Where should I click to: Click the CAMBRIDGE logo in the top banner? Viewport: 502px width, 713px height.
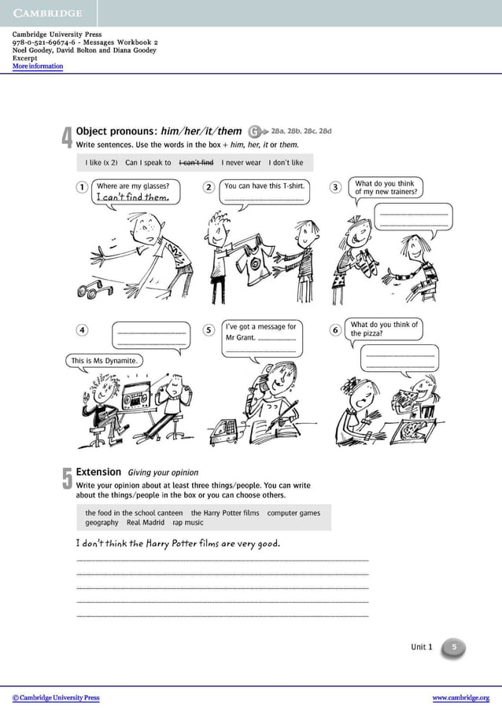coord(48,13)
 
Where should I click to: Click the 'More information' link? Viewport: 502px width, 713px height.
coord(38,67)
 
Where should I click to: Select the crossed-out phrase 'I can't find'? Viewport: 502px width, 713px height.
coord(196,163)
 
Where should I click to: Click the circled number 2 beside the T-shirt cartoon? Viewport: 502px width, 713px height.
coord(209,187)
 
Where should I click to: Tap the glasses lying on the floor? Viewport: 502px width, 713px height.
coord(94,290)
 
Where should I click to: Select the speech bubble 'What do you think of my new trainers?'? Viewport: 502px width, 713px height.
coord(386,188)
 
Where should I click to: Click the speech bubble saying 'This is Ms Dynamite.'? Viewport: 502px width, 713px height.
coord(104,361)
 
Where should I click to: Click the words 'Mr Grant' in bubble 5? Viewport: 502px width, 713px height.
coord(240,338)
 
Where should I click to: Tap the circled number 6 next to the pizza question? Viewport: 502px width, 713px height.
coord(335,330)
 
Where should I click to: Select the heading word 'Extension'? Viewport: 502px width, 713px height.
coord(98,472)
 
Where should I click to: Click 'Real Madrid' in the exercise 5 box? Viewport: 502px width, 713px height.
coord(146,523)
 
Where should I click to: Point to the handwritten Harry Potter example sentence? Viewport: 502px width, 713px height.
coord(178,543)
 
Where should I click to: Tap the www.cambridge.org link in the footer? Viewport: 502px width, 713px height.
coord(460,698)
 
